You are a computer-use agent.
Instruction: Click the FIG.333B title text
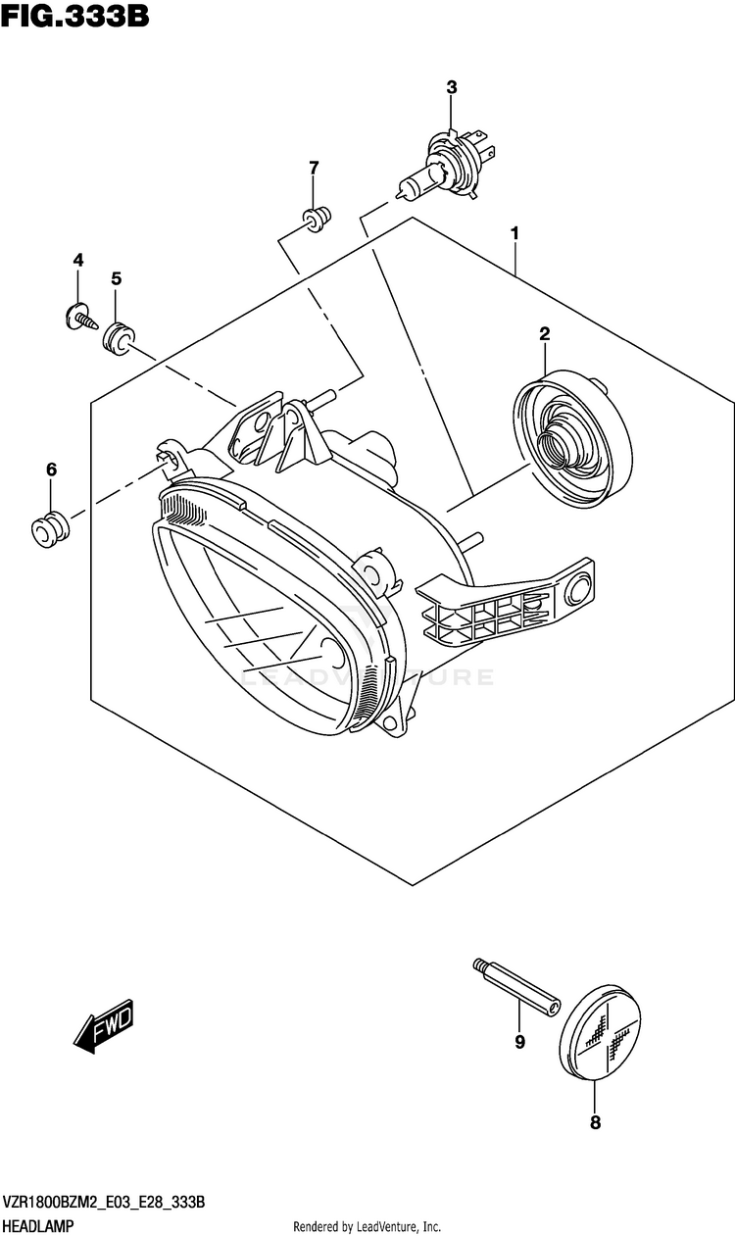pyautogui.click(x=75, y=17)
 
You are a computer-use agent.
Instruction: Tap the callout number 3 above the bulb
pyautogui.click(x=452, y=87)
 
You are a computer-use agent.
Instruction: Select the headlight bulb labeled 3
pyautogui.click(x=447, y=167)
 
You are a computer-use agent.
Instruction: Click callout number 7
pyautogui.click(x=314, y=168)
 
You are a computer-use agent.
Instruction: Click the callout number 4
pyautogui.click(x=78, y=260)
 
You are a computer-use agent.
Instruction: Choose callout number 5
pyautogui.click(x=116, y=279)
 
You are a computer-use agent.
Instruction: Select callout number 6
pyautogui.click(x=52, y=470)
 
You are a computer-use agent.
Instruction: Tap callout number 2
pyautogui.click(x=544, y=334)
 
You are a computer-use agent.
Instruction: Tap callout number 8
pyautogui.click(x=595, y=1123)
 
